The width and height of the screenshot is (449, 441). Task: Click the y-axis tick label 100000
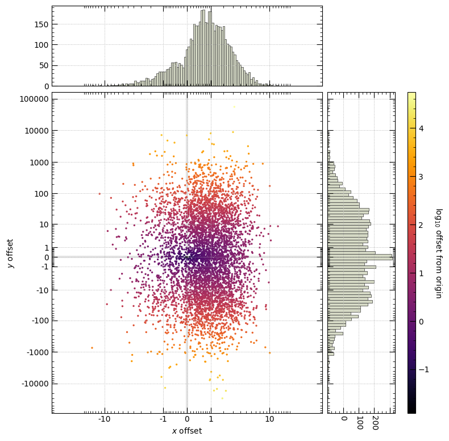click(x=34, y=99)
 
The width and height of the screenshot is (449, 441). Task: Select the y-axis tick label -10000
click(x=35, y=384)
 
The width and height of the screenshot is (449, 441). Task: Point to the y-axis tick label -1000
click(x=38, y=352)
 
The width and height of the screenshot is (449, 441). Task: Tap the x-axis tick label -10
click(x=104, y=419)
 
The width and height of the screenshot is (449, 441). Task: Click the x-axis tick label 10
click(x=269, y=419)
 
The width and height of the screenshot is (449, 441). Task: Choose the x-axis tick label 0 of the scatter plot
click(x=187, y=419)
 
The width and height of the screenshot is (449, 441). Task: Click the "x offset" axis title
click(x=187, y=431)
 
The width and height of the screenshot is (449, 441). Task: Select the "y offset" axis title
click(x=10, y=253)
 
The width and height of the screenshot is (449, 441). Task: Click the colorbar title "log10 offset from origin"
click(x=439, y=253)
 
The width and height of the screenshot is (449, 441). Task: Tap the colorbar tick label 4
click(x=421, y=128)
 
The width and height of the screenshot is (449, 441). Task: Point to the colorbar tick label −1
click(x=424, y=369)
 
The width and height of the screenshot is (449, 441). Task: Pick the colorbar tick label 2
click(x=421, y=225)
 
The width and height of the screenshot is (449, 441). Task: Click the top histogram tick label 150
click(x=41, y=24)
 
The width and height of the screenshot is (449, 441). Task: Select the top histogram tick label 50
click(x=44, y=65)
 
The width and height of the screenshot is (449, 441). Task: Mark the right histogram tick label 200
click(x=376, y=423)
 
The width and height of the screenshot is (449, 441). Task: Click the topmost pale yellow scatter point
click(x=234, y=107)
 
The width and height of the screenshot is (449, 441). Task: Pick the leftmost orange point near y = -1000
click(x=92, y=348)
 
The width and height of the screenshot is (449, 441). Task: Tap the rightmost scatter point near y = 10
click(x=278, y=226)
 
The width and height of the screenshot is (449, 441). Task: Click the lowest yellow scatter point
click(x=222, y=398)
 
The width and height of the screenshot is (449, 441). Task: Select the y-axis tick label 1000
click(x=39, y=163)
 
